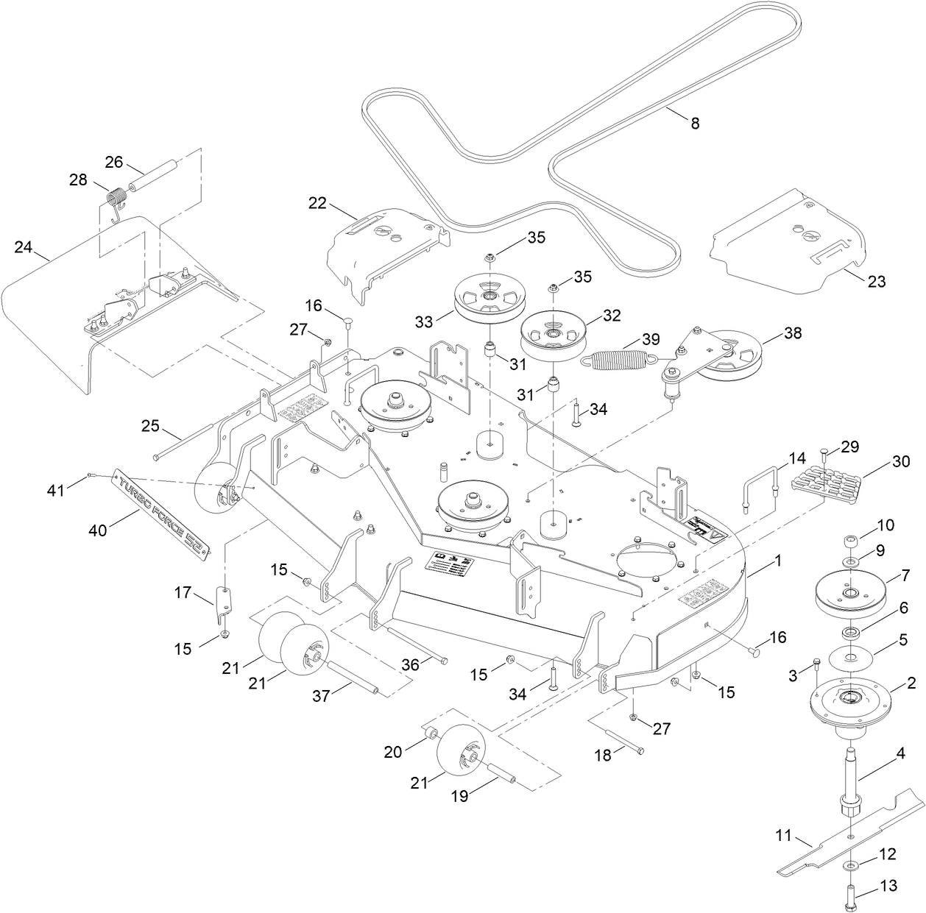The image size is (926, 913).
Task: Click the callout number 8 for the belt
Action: point(694,124)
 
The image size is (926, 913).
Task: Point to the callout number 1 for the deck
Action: point(779,561)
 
